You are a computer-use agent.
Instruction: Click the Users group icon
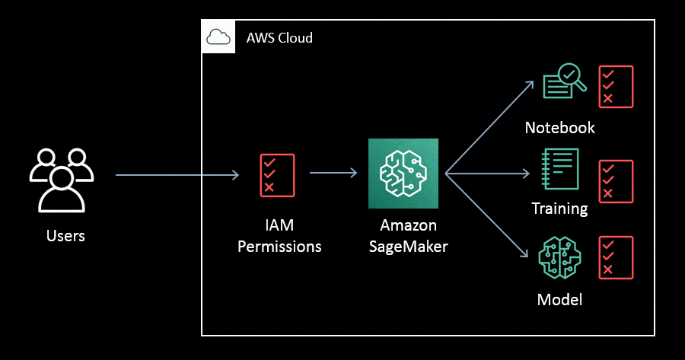(62, 179)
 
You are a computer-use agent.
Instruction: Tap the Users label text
(65, 236)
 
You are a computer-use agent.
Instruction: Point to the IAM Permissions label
(279, 236)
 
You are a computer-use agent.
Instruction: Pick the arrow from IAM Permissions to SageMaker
(333, 174)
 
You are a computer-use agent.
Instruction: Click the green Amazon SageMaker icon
(403, 174)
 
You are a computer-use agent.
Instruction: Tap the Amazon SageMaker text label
(408, 236)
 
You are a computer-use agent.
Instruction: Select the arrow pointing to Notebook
(490, 126)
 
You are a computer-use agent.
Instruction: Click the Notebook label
(559, 128)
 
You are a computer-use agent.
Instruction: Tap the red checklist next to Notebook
(616, 86)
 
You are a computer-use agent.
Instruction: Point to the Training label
(559, 209)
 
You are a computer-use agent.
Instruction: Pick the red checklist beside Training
(616, 181)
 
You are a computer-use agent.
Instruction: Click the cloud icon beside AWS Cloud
(218, 37)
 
